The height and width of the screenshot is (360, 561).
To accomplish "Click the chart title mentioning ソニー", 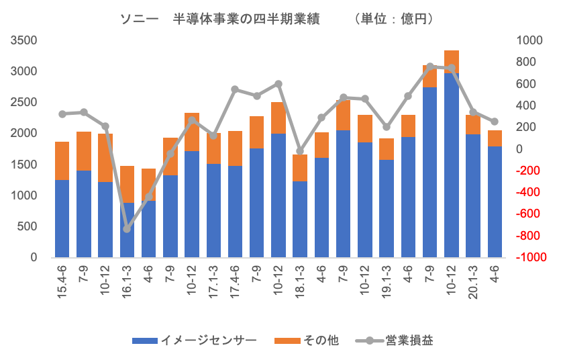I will coord(275,19).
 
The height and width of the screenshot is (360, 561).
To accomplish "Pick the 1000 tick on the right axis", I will coord(527,40).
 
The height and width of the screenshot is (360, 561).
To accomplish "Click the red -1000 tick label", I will coord(527,257).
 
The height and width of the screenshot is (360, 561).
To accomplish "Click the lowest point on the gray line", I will coord(127,229).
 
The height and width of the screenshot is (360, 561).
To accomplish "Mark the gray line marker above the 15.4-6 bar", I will coord(62,114).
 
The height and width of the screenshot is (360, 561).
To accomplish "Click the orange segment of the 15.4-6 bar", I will coord(62,161).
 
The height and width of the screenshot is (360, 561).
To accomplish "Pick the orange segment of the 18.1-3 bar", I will coord(300,168).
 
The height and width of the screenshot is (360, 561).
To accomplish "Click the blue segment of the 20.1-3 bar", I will coord(472,195).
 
